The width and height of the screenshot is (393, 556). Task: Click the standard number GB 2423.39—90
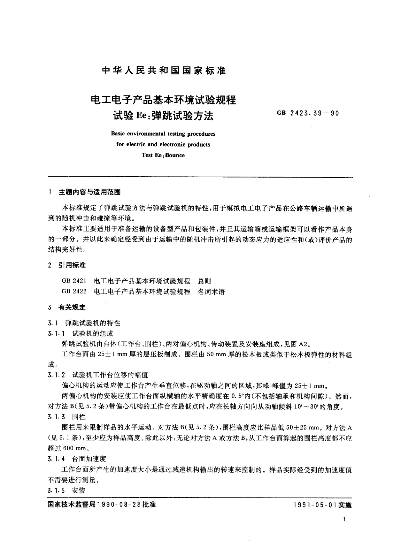308,113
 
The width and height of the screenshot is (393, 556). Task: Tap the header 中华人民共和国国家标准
164,70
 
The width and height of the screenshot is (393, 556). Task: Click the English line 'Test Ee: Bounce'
163,155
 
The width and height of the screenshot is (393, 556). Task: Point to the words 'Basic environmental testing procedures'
163,134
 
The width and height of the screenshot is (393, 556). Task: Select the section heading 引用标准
72,265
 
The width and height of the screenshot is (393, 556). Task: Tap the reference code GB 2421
74,281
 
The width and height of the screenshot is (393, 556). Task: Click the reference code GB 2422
74,292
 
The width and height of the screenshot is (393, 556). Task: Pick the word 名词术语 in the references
211,292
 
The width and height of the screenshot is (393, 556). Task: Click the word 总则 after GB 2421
204,281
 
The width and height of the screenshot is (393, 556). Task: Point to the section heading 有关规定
72,307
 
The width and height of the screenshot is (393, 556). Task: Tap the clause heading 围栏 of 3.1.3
79,417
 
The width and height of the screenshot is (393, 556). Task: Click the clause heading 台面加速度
89,459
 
